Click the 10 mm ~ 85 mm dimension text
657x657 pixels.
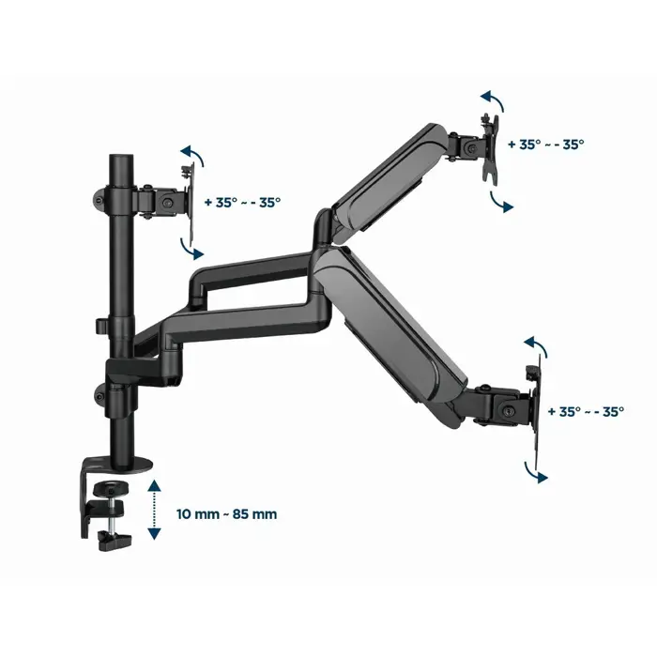coord(226,514)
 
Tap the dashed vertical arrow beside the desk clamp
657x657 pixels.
coord(154,508)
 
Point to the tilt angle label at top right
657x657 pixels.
coord(545,145)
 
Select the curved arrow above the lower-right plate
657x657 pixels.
coord(535,345)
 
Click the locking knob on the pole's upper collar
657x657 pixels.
coord(97,197)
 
